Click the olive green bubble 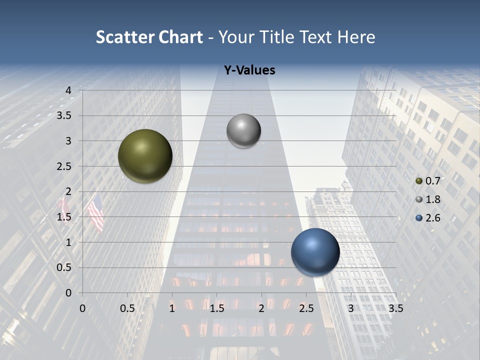(x=145, y=156)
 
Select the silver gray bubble (x=243, y=131)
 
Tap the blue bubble (x=315, y=252)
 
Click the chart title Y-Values (x=249, y=70)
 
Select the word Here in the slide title (x=356, y=37)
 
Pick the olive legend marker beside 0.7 (x=419, y=181)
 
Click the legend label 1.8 (x=432, y=199)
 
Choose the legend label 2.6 (x=432, y=218)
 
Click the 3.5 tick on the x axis (x=395, y=308)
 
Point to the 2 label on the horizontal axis (x=261, y=308)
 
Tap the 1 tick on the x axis (x=172, y=308)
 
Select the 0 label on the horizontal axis (x=82, y=308)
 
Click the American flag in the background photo (x=95, y=212)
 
